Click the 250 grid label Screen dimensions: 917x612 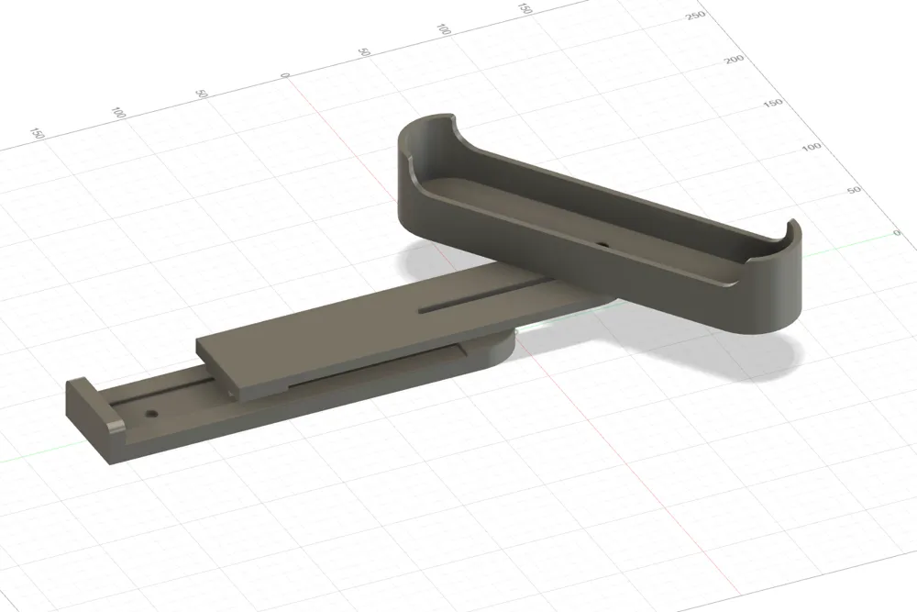tap(695, 16)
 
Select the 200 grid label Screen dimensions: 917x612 tap(734, 59)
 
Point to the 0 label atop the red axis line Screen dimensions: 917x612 tap(285, 75)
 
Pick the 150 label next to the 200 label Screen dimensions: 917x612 tap(773, 103)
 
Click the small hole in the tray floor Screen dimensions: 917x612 tap(603, 243)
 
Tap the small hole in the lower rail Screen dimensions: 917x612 tap(152, 413)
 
